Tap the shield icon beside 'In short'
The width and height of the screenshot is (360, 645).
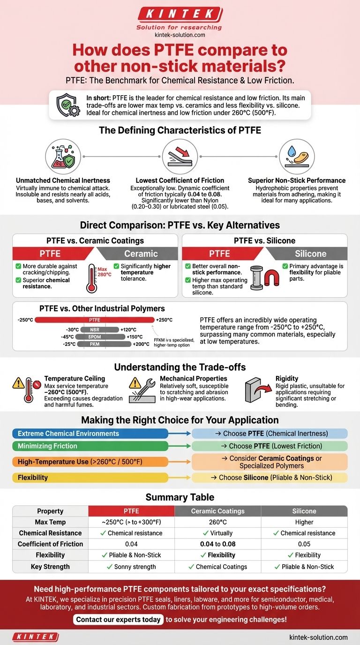pos(67,105)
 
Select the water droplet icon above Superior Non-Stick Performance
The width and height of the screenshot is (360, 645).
pos(297,156)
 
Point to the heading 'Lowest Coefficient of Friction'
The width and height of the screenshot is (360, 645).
pos(180,180)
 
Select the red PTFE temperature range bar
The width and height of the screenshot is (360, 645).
pos(94,320)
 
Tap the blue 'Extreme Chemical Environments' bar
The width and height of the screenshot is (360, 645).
pos(90,434)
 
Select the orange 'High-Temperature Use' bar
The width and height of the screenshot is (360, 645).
pos(90,462)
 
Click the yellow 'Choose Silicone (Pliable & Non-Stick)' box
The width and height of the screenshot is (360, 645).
pos(270,478)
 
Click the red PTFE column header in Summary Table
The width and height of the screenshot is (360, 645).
pos(131,511)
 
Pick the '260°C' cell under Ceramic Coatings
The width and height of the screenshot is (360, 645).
pos(217,522)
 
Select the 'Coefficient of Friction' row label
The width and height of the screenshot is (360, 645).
pos(50,544)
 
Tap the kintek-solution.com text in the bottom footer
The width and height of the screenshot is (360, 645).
pos(318,637)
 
